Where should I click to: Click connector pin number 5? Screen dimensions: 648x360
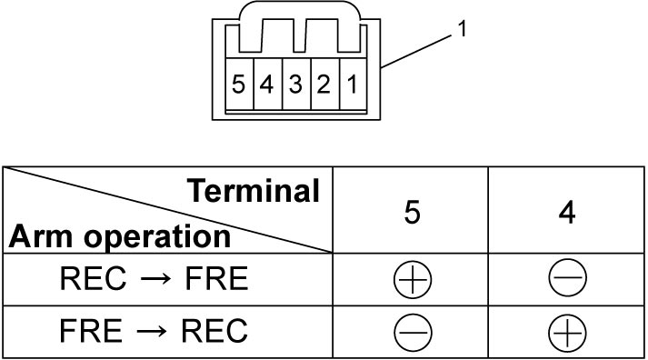coord(238,84)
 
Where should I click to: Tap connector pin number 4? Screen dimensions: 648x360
coord(266,84)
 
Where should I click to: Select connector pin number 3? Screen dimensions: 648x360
coord(295,84)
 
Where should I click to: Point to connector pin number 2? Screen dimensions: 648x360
coord(324,84)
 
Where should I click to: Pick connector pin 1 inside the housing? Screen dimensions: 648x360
coord(352,84)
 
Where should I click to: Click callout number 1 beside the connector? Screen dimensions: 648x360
coord(462,29)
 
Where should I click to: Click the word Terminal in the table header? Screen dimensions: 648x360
coord(254,191)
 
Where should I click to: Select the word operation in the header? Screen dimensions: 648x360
coord(157,238)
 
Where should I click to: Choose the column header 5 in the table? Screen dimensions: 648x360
coord(412,213)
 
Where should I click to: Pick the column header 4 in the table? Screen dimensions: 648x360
coord(567,213)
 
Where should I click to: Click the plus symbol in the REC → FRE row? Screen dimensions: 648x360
coord(413,279)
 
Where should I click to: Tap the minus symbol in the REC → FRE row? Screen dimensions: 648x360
coord(567,277)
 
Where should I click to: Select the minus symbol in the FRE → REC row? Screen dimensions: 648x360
coord(413,333)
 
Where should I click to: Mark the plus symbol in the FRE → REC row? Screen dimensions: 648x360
coord(567,333)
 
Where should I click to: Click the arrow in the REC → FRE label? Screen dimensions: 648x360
coord(155,278)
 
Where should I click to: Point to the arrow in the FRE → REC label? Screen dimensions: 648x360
coord(152,331)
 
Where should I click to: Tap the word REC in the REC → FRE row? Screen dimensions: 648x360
coord(93,278)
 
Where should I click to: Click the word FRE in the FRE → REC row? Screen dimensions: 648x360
coord(91,331)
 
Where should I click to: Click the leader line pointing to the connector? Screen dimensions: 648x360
coord(416,51)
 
